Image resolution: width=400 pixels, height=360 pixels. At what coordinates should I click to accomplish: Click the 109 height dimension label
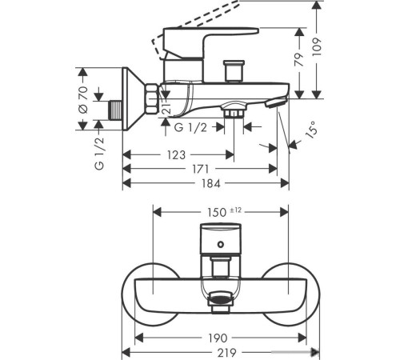[x=317, y=47]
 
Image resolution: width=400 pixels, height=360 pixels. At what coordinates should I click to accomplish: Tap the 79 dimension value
[x=299, y=59]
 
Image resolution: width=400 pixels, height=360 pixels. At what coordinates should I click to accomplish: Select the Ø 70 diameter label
[x=83, y=100]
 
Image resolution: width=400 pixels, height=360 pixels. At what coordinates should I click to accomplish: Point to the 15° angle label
[x=312, y=130]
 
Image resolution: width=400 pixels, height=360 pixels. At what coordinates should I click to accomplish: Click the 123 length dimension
[x=176, y=154]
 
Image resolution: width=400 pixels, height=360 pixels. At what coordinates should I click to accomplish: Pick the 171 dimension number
[x=201, y=169]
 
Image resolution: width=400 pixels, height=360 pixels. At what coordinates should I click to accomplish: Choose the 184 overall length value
[x=211, y=183]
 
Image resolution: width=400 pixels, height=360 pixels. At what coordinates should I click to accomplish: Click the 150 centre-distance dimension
[x=217, y=212]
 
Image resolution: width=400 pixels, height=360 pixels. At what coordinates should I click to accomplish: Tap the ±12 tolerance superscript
[x=235, y=210]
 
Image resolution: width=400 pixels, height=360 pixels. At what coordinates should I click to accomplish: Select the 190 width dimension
[x=218, y=338]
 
